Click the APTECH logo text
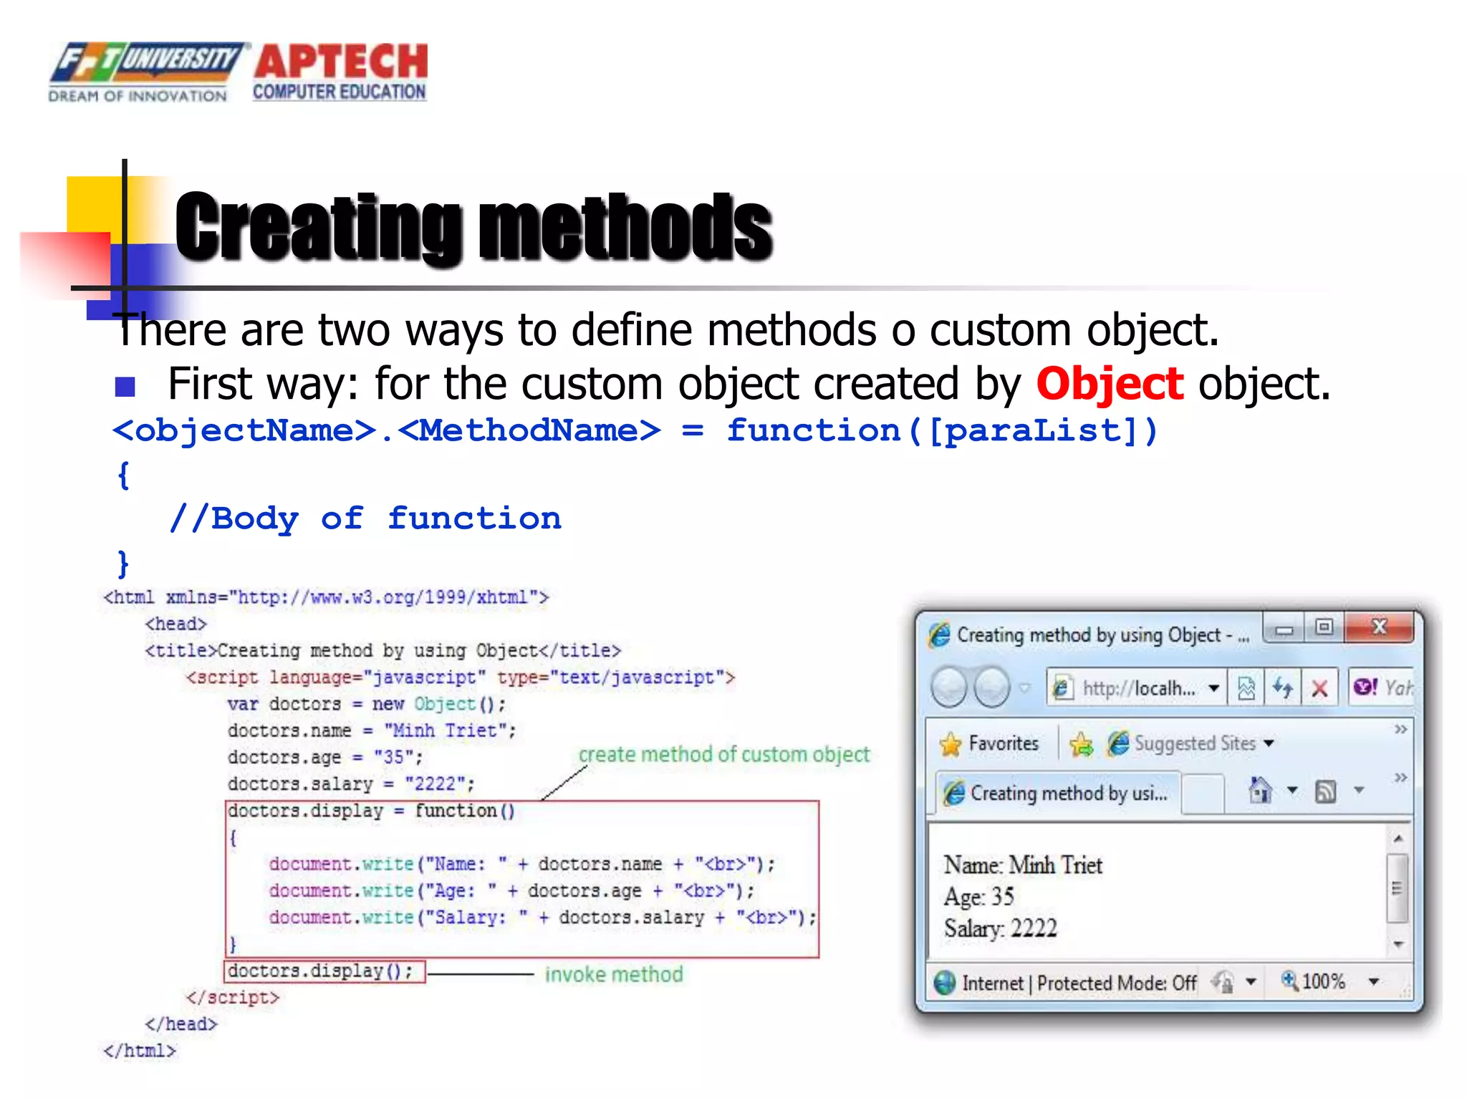coord(341,62)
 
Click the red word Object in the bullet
coord(1109,384)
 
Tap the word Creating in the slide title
coord(318,228)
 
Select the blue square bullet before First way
coord(125,387)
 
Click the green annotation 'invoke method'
coord(614,975)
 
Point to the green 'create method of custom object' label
coord(723,754)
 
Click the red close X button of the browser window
coord(1379,627)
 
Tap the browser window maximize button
coord(1324,627)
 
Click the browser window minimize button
coord(1284,629)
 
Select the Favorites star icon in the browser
coord(951,744)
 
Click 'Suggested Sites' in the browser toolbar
coord(1195,743)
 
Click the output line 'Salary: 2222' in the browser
coord(1000,928)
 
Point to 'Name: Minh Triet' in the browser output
coord(1022,865)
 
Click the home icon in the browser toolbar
coord(1260,791)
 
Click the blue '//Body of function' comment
coord(365,518)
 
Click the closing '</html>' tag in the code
coord(139,1051)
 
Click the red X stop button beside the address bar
coord(1319,689)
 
